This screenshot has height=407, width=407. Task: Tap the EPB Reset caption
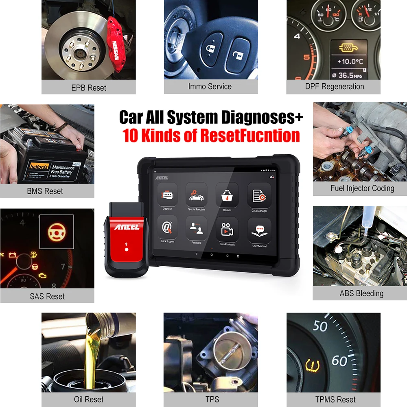click(x=88, y=88)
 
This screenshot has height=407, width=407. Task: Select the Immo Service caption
click(x=210, y=86)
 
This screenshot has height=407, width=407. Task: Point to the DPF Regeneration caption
click(x=334, y=86)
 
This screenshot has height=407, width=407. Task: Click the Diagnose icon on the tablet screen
click(x=167, y=196)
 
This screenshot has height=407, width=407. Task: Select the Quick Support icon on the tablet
click(x=167, y=228)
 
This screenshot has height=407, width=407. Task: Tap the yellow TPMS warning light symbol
click(x=312, y=365)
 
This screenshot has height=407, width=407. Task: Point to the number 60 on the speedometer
click(x=339, y=361)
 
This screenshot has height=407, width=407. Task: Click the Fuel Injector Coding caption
click(x=362, y=188)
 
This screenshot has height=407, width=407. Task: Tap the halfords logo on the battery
click(x=38, y=167)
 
